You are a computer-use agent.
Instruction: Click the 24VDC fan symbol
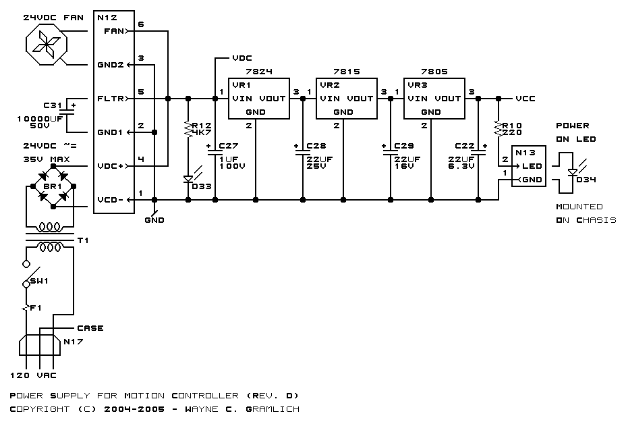47,44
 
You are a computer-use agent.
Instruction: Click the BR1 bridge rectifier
53,186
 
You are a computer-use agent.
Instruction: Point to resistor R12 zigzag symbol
188,129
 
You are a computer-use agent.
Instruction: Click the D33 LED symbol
188,179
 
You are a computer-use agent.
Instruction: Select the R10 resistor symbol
499,129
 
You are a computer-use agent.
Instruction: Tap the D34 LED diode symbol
573,172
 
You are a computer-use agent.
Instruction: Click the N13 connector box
529,166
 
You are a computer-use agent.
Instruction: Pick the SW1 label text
39,281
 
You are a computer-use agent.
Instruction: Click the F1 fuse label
36,308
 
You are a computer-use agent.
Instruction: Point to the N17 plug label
74,342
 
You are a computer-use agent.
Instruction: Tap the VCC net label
525,99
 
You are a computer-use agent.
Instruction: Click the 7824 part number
259,72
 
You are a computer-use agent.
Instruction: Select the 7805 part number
434,72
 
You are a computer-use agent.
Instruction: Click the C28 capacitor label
316,146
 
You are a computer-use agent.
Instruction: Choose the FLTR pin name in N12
111,99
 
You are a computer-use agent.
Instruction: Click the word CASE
90,328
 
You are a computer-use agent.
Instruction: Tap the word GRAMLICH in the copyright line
273,409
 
